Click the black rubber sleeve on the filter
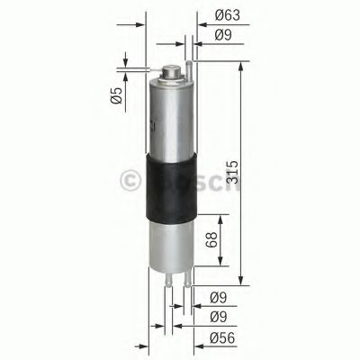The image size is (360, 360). click(168, 189)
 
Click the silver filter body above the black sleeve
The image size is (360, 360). click(168, 117)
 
